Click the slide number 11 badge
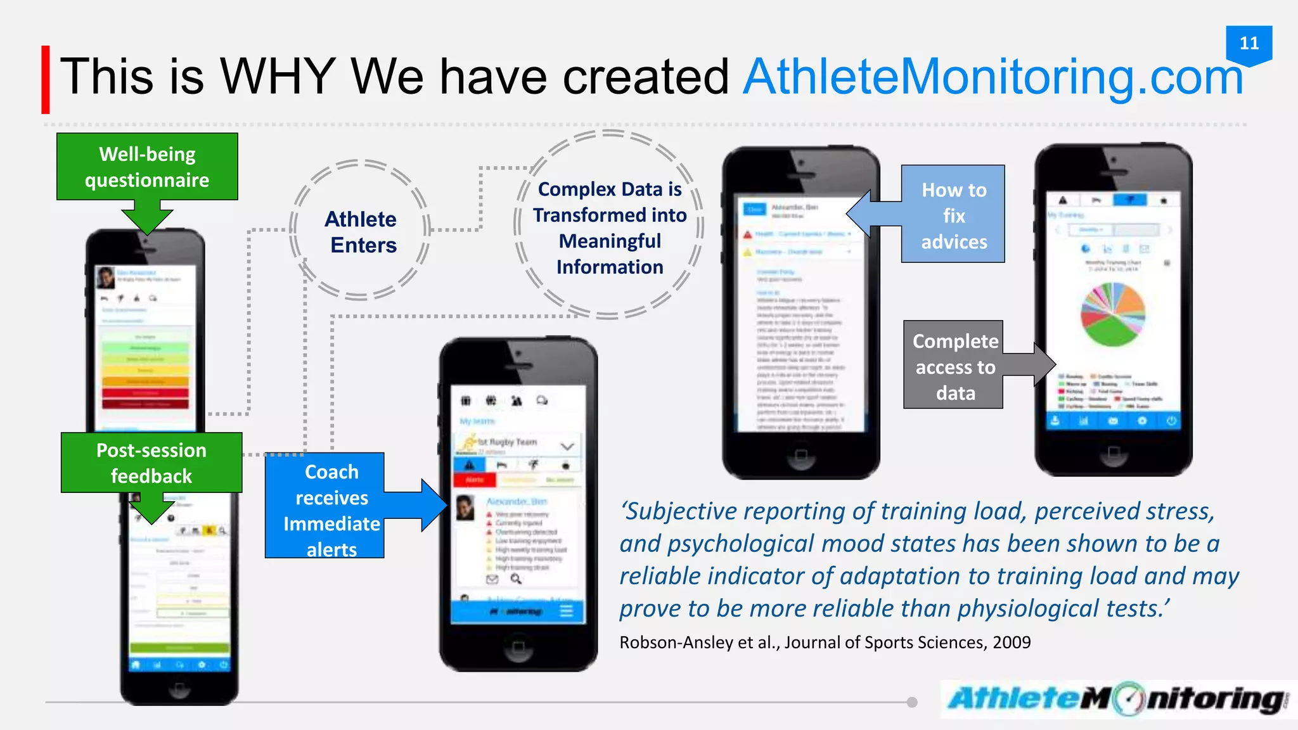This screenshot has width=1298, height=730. tap(1249, 44)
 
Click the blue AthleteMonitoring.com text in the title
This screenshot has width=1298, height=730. tap(993, 77)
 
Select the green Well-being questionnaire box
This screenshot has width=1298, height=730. tap(147, 167)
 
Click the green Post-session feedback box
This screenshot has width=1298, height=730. tap(151, 463)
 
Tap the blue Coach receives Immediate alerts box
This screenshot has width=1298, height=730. tap(325, 506)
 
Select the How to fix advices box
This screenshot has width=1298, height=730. tap(953, 215)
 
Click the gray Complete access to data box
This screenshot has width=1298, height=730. tap(954, 366)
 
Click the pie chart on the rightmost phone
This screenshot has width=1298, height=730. tap(1112, 314)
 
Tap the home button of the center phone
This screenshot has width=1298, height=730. tap(518, 646)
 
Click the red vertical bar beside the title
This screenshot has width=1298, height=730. tap(46, 80)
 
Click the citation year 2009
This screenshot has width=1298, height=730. tap(1012, 643)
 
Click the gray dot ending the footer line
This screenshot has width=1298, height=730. tap(912, 702)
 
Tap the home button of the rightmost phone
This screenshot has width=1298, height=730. tap(1114, 452)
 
